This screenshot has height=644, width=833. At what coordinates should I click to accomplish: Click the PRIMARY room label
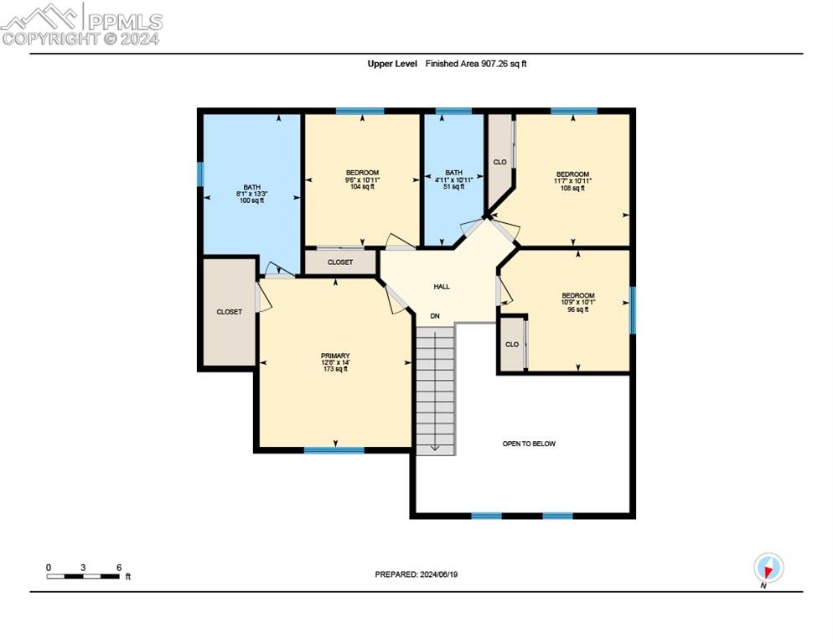point(335,356)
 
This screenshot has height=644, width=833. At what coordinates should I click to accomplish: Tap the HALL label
point(442,287)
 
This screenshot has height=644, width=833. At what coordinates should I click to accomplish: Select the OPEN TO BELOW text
point(529,444)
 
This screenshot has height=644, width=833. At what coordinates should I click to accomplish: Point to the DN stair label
point(435,316)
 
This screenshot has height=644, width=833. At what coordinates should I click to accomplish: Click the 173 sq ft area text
point(335,369)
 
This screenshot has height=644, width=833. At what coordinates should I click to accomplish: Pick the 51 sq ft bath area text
point(453,187)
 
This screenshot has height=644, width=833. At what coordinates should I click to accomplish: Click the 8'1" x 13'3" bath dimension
point(251,194)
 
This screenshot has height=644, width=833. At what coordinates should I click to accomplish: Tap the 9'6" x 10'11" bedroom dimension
point(362,179)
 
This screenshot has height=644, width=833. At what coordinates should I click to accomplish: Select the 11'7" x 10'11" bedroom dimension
point(572,181)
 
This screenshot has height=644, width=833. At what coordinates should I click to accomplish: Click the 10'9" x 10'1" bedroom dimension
point(578,302)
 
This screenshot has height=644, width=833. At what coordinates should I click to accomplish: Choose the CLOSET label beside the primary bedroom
point(230,312)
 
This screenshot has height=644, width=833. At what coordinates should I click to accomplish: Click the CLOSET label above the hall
point(340,262)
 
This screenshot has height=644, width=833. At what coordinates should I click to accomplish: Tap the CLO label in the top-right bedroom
point(500,162)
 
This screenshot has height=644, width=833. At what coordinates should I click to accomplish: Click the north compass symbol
point(768,568)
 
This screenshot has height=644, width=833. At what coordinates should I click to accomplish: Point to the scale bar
point(83,576)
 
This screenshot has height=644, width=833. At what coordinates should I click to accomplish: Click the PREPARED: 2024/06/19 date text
point(416,574)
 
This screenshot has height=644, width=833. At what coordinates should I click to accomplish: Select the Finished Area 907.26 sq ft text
point(476,64)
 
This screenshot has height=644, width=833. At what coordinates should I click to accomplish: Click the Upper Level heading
point(392,64)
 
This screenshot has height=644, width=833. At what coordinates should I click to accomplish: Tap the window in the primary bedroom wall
point(334,450)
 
